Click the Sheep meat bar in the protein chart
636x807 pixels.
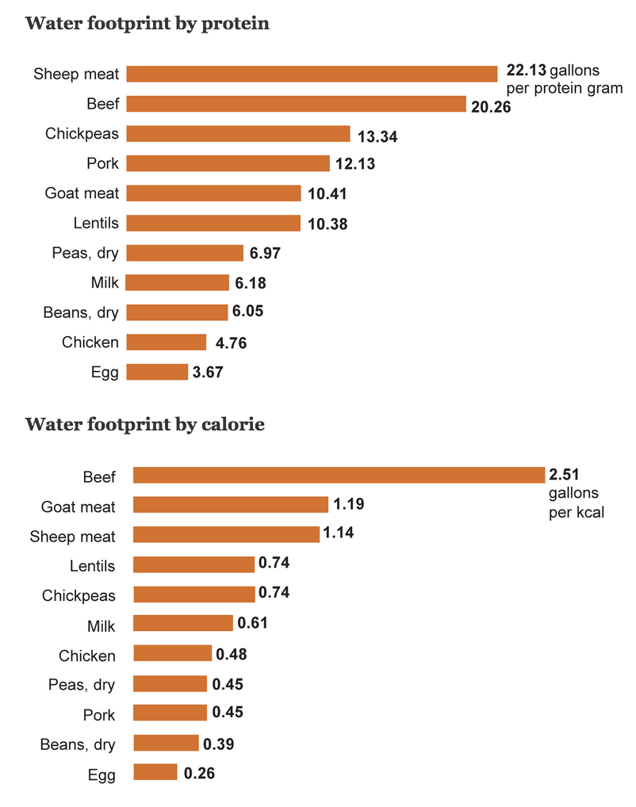coord(312,74)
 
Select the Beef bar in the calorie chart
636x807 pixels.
coord(339,476)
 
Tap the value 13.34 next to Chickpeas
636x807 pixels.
coord(377,136)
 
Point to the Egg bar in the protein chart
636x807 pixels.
coord(157,372)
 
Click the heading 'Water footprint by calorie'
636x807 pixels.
coord(144,425)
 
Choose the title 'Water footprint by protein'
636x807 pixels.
coord(148,23)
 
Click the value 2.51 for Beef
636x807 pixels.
coord(564,475)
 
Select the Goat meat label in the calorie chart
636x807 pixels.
coord(79,507)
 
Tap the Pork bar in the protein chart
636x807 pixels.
coord(228,163)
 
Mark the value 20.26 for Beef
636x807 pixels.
coord(491,107)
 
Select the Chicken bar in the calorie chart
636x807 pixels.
coord(172,654)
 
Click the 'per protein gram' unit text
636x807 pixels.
coord(564,88)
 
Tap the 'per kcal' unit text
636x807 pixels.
coord(577,512)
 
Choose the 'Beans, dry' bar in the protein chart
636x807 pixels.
coord(176,312)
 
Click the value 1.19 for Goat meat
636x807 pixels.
coord(348,504)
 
